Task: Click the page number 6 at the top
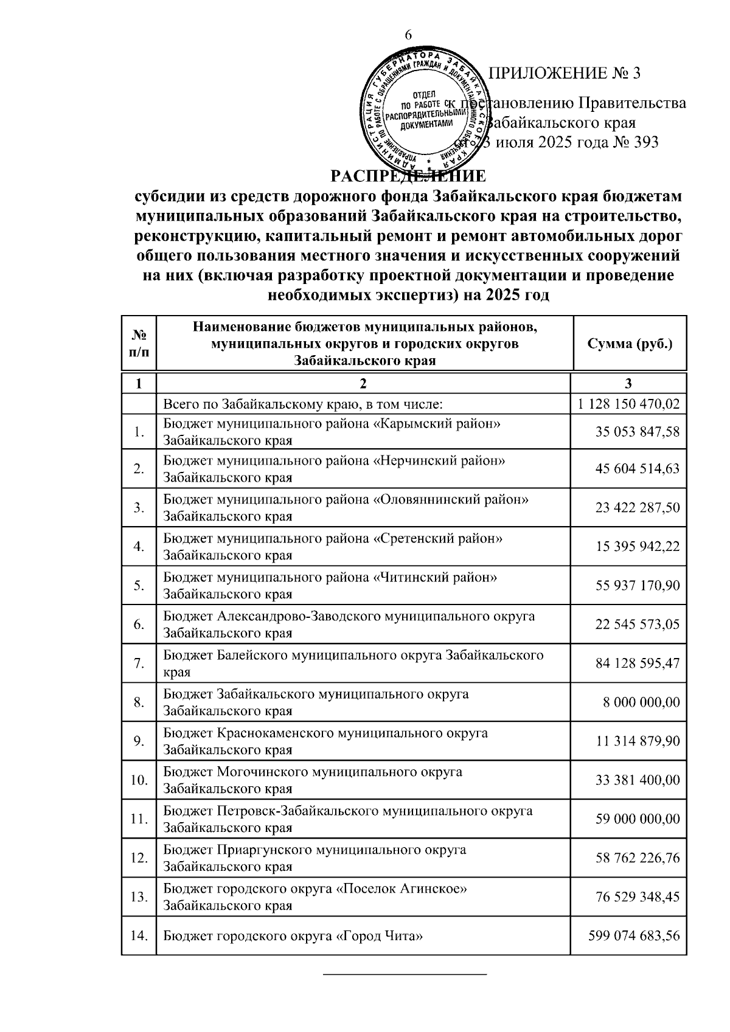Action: pyautogui.click(x=408, y=35)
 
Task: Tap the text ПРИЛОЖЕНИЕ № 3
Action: pyautogui.click(x=565, y=74)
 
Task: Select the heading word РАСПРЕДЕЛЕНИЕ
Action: pyautogui.click(x=408, y=176)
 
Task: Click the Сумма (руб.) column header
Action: pyautogui.click(x=630, y=343)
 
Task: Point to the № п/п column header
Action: pyautogui.click(x=139, y=343)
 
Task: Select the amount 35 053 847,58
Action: pyautogui.click(x=637, y=432)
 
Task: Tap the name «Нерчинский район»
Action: pyautogui.click(x=438, y=461)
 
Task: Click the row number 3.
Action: pyautogui.click(x=139, y=508)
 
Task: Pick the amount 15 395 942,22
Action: pyautogui.click(x=637, y=547)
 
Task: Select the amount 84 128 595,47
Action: pyautogui.click(x=637, y=663)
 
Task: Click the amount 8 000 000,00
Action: pyautogui.click(x=641, y=702)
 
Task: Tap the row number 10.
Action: pyautogui.click(x=139, y=780)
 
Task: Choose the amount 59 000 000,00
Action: pyautogui.click(x=637, y=819)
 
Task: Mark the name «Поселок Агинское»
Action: pyautogui.click(x=401, y=889)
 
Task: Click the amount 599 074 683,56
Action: pyautogui.click(x=633, y=936)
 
